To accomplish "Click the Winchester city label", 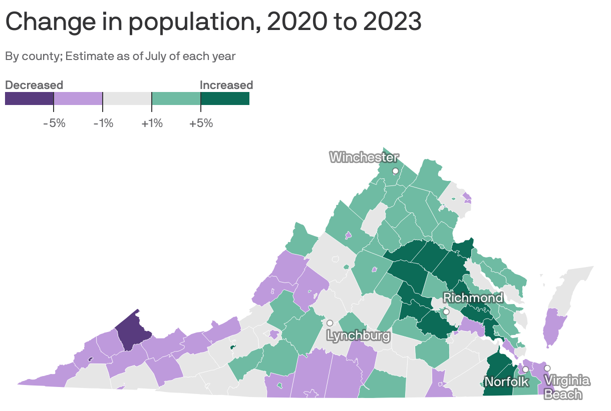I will click(364, 157).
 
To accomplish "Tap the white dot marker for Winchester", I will click(395, 171).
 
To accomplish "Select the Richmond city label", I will click(473, 298).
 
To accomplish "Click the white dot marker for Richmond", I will click(446, 311).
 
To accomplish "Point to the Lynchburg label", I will click(358, 335).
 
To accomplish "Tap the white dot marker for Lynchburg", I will click(330, 323).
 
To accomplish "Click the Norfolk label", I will click(506, 382).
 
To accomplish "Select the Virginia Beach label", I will click(566, 387).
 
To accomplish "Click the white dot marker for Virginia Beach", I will click(547, 368).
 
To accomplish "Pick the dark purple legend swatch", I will click(29, 98).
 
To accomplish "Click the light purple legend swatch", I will click(78, 98).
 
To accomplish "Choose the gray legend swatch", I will click(127, 98).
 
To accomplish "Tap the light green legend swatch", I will click(176, 98).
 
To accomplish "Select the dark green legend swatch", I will click(225, 98).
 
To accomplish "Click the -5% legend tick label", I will click(54, 123).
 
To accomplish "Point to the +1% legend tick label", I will click(152, 123).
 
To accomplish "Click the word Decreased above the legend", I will click(34, 85).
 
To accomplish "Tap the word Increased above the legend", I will click(226, 85).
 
